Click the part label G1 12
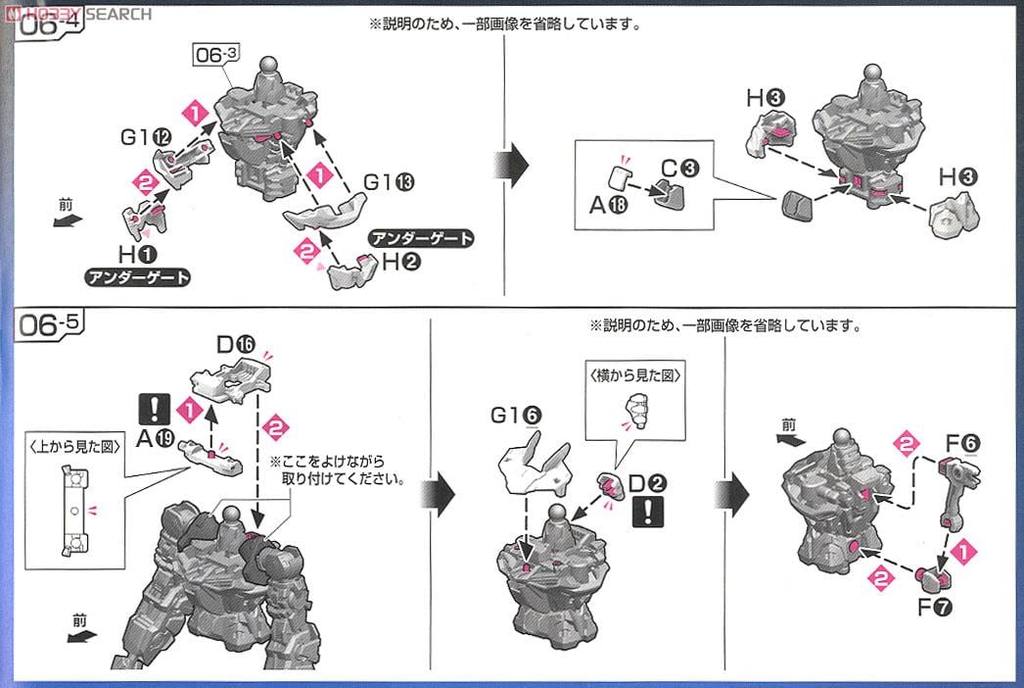[x=141, y=138]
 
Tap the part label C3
[x=678, y=167]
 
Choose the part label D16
[x=236, y=344]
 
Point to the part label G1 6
[x=519, y=416]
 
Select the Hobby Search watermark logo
[x=75, y=13]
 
